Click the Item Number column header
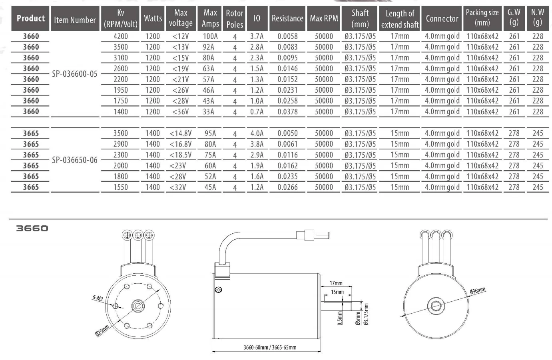click(x=75, y=20)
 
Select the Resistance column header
click(x=287, y=18)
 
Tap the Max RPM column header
click(x=324, y=18)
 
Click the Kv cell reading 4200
click(x=120, y=36)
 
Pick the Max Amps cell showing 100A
click(x=210, y=36)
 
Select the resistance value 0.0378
click(x=287, y=111)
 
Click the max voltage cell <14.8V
click(x=181, y=133)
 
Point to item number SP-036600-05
click(x=75, y=74)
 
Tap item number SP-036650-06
click(x=75, y=160)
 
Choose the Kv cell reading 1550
click(x=120, y=187)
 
